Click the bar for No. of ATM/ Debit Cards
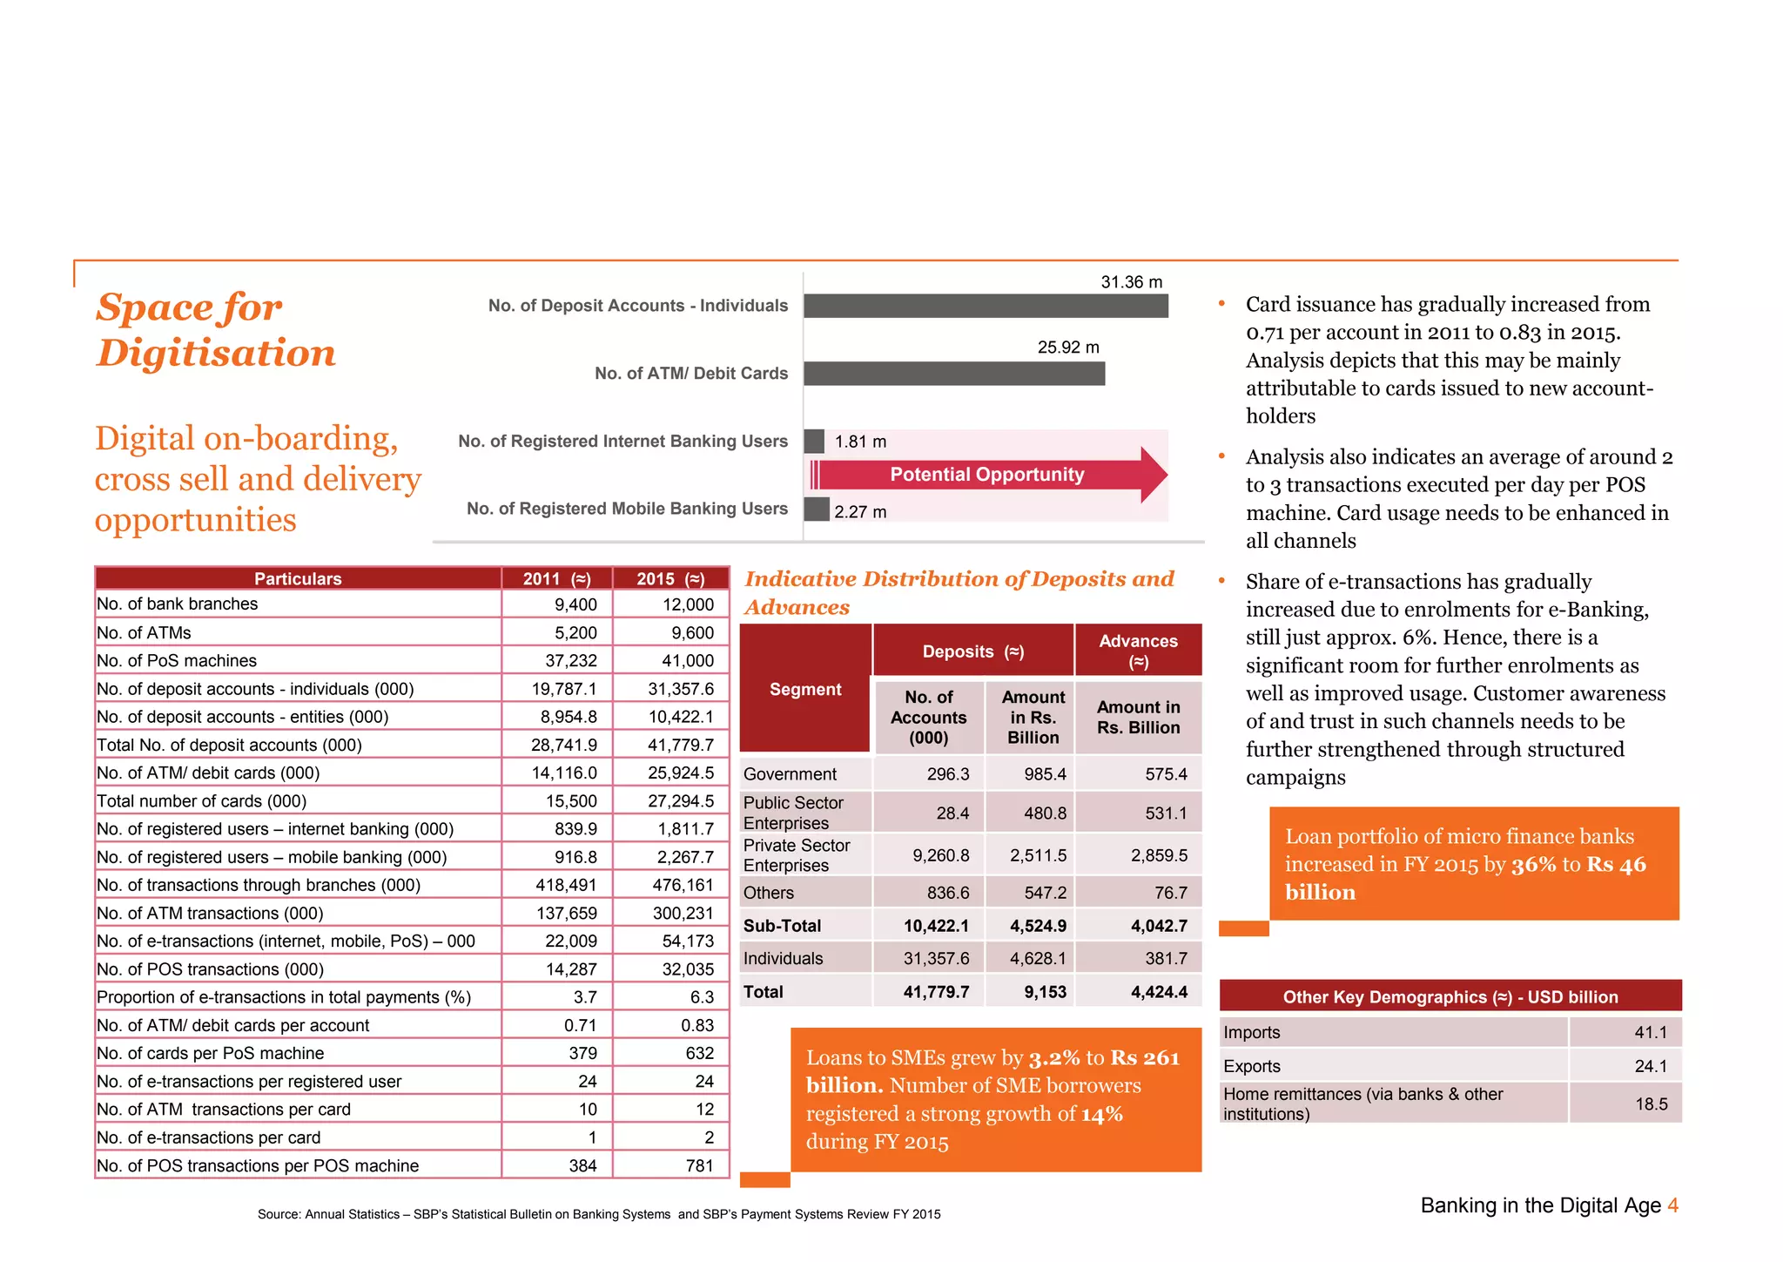[x=954, y=374]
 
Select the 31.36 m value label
[x=1131, y=282]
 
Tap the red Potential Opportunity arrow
[x=987, y=475]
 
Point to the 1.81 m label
[x=860, y=442]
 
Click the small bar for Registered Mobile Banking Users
[x=817, y=510]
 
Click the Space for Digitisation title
[x=215, y=330]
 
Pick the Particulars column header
[x=298, y=578]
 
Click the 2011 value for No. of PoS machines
[x=571, y=661]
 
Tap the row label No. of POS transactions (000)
[x=210, y=969]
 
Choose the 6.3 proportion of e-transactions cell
[x=702, y=997]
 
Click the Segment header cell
[x=805, y=689]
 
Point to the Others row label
[x=768, y=893]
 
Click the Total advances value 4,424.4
[x=1159, y=992]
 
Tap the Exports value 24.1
[x=1650, y=1066]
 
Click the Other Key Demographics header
[x=1450, y=997]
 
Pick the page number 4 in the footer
[x=1672, y=1205]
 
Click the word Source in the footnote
[x=278, y=1214]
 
